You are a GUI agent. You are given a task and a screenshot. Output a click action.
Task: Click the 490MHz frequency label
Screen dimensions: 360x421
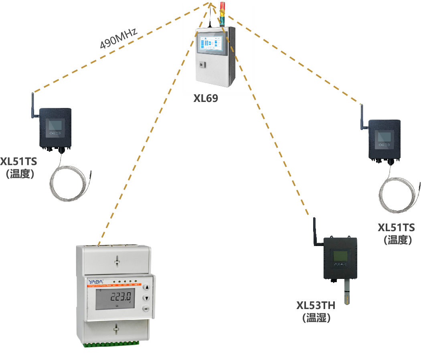(119, 39)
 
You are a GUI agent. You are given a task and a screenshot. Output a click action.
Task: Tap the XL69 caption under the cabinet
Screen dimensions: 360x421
(206, 98)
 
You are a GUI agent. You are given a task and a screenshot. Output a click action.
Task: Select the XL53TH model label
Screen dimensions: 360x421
(316, 305)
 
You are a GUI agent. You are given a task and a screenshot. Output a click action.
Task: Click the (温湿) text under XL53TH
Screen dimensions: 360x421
(316, 318)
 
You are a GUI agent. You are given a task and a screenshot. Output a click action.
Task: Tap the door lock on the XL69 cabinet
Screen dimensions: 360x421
(201, 64)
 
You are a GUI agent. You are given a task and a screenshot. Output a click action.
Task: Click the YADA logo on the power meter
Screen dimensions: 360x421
(96, 281)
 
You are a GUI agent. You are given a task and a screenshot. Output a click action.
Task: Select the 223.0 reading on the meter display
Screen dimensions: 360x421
(121, 297)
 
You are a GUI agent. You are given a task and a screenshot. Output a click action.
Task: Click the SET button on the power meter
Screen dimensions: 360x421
(146, 309)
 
